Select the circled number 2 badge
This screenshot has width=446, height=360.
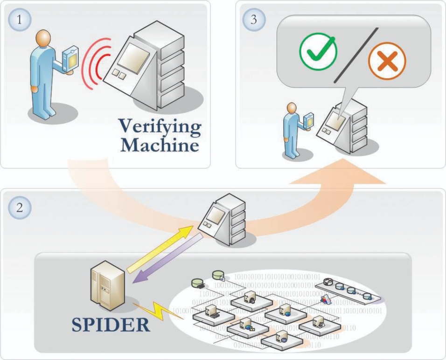pos(19,208)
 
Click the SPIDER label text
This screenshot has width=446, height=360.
pos(111,325)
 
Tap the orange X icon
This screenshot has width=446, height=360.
pos(387,61)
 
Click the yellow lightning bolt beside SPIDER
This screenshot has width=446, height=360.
pos(154,310)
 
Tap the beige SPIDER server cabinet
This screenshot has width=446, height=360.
pos(105,283)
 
